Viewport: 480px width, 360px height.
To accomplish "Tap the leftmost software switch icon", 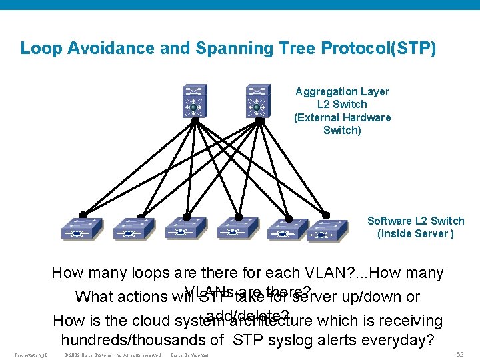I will [81, 229].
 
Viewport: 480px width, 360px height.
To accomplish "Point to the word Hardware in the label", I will [367, 117].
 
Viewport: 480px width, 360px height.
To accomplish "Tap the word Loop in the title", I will [37, 48].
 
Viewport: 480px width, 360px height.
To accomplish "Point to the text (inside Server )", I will [415, 233].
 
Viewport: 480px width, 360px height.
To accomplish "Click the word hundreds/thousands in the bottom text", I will [141, 340].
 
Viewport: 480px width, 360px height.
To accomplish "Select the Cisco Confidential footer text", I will [190, 355].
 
